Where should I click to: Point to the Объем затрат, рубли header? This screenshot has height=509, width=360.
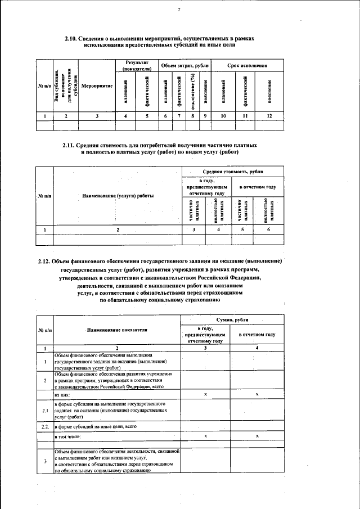coord(184,66)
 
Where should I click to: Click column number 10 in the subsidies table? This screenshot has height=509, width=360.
coord(223,116)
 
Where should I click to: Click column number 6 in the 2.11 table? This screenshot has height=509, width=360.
coord(268,229)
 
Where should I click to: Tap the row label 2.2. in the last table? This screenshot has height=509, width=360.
coord(44,427)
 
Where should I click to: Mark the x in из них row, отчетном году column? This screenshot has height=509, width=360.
coord(257,395)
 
